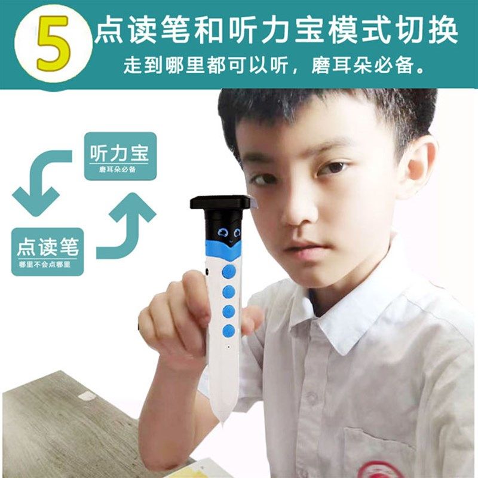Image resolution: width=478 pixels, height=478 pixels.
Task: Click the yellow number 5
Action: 53,43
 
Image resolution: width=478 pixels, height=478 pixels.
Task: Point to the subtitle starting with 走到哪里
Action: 277,66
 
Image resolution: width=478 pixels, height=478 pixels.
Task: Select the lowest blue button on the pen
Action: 228,330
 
